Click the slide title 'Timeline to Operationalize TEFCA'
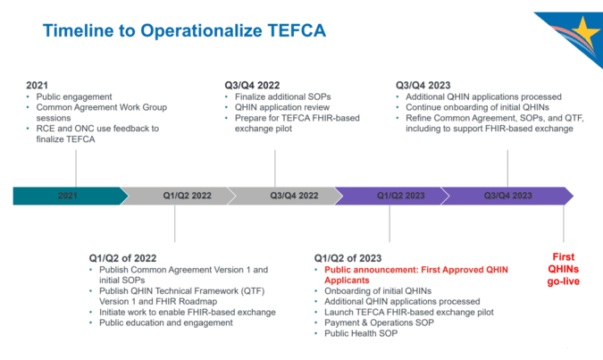(x=184, y=30)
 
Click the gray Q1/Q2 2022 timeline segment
(x=178, y=196)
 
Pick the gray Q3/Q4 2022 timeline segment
(x=285, y=196)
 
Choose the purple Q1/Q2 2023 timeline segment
(x=392, y=196)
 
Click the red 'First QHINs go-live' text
(x=564, y=269)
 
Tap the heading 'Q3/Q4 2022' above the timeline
(x=252, y=86)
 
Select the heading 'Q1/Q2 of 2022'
(x=122, y=258)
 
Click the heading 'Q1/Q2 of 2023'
(x=348, y=258)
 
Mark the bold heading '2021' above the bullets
(x=37, y=86)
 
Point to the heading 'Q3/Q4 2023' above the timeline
(x=423, y=86)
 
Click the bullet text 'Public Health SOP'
(x=361, y=333)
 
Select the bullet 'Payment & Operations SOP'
(x=379, y=322)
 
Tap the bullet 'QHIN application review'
(x=282, y=107)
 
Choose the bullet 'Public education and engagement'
(x=166, y=322)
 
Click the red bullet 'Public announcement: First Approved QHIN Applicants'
(x=416, y=275)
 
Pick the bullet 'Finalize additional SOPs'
(x=283, y=96)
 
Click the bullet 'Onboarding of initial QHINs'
(x=378, y=291)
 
